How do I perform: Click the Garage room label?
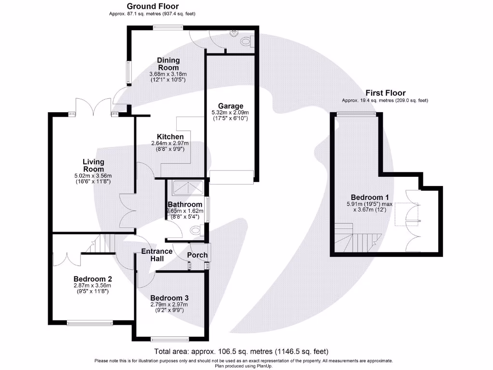[231, 106]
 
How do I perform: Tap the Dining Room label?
[168, 64]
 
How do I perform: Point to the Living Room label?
[93, 165]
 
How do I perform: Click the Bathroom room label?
[185, 205]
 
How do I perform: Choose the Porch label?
[197, 255]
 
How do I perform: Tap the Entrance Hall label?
[156, 255]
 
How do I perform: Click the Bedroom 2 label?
[93, 279]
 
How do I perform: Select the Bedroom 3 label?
[169, 298]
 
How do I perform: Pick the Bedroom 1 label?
[370, 198]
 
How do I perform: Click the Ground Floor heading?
[152, 6]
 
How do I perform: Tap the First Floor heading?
[385, 93]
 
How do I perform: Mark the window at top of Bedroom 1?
[356, 113]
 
